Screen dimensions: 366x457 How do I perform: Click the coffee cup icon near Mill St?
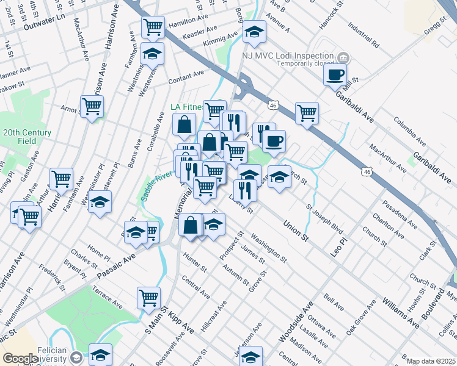(x=334, y=75)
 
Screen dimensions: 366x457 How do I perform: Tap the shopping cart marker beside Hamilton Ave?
(x=153, y=27)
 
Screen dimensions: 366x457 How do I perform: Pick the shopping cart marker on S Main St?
(x=148, y=298)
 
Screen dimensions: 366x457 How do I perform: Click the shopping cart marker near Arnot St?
(x=92, y=107)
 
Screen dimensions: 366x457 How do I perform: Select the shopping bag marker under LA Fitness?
(x=184, y=126)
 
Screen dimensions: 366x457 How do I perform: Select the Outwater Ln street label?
(x=44, y=27)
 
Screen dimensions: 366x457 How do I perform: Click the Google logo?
(x=20, y=359)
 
